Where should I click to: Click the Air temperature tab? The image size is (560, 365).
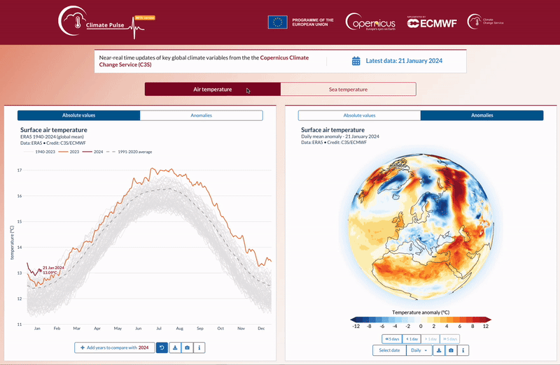pyautogui.click(x=212, y=90)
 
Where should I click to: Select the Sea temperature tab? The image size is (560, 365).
pyautogui.click(x=348, y=90)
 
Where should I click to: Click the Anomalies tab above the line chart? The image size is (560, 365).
pyautogui.click(x=201, y=115)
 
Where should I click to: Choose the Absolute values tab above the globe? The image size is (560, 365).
pyautogui.click(x=359, y=115)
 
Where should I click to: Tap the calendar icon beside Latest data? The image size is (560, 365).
pyautogui.click(x=356, y=61)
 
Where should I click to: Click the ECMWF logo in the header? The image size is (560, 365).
pyautogui.click(x=432, y=22)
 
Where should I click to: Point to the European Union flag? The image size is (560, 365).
pyautogui.click(x=277, y=22)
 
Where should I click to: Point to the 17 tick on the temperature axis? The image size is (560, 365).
pyautogui.click(x=20, y=170)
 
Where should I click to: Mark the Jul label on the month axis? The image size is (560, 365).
pyautogui.click(x=160, y=329)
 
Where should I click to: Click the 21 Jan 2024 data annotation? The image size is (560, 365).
pyautogui.click(x=53, y=270)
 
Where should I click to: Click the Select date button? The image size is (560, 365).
pyautogui.click(x=389, y=350)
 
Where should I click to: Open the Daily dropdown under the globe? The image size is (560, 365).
pyautogui.click(x=419, y=350)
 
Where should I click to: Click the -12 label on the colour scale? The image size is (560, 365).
pyautogui.click(x=356, y=326)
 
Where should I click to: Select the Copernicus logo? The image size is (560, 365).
pyautogui.click(x=370, y=22)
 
